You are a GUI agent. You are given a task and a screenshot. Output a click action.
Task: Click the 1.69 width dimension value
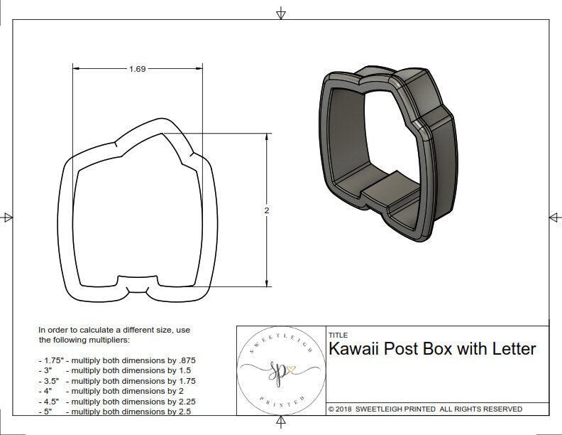138,69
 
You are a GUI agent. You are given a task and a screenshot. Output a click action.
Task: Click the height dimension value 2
266,210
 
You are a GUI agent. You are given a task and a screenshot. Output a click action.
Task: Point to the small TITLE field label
338,335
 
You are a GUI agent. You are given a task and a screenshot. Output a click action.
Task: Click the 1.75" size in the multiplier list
50,360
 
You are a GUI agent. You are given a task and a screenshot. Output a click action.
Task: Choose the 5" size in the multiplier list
46,412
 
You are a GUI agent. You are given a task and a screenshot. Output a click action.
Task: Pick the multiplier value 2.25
184,402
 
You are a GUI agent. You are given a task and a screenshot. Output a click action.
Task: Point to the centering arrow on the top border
281,12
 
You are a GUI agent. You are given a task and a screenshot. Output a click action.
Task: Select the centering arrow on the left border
8,217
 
